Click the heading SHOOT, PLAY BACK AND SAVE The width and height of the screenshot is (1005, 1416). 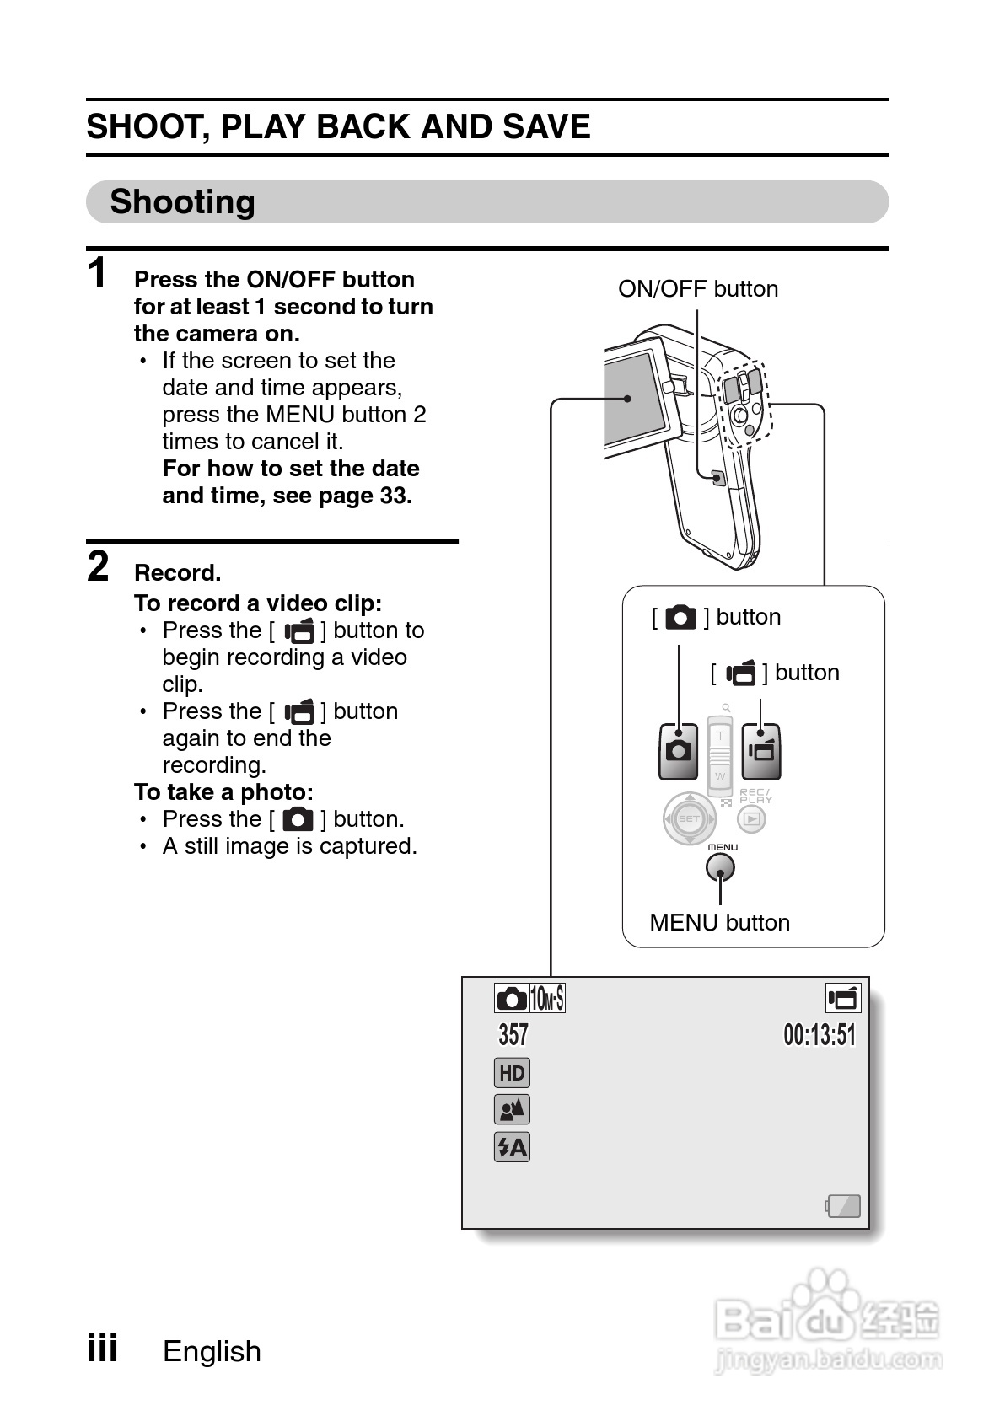coord(338,127)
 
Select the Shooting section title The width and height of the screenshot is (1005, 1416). coord(183,202)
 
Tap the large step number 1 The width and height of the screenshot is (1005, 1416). coord(98,274)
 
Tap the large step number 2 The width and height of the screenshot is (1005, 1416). coord(99,566)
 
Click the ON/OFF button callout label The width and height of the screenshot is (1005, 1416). coord(697,289)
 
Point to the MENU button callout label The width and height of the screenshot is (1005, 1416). coord(719,923)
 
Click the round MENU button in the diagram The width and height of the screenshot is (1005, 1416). coord(720,866)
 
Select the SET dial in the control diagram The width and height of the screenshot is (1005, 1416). coord(689,818)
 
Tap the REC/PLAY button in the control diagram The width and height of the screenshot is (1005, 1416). coord(752,818)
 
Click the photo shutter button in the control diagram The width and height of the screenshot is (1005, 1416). coord(678,750)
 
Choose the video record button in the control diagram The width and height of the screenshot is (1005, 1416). coord(761,750)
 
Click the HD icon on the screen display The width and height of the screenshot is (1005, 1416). coord(512,1073)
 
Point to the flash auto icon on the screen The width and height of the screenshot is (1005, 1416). coord(512,1147)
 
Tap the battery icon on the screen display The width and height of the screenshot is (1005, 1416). coord(843,1206)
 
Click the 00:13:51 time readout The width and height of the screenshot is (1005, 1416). coord(819,1035)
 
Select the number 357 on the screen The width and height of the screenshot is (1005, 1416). coord(513,1035)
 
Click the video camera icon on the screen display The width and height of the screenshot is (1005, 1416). coord(842,999)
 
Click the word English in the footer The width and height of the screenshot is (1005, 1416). coord(212,1351)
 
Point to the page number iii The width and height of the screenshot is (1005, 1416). coord(102,1348)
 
